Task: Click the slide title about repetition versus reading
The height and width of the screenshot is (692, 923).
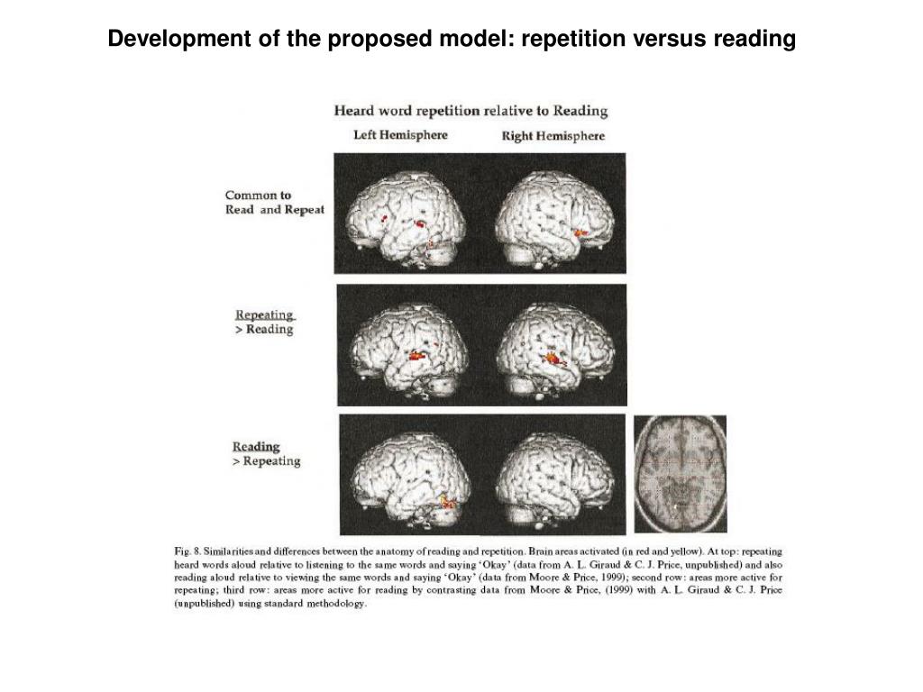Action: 452,40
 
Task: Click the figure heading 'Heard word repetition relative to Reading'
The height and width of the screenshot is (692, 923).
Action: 471,112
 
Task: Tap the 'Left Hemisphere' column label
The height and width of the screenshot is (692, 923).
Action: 399,135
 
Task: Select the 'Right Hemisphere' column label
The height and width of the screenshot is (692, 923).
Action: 553,136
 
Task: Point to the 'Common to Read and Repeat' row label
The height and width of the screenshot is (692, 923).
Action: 274,202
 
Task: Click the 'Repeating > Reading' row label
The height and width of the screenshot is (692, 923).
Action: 265,323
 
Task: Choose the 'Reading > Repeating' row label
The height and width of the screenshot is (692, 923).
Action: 266,454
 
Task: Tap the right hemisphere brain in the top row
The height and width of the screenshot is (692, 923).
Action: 552,216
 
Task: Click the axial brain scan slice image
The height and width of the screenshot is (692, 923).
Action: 680,474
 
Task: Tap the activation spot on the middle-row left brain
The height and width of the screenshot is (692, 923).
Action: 416,356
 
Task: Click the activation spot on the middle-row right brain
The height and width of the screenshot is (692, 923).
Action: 552,359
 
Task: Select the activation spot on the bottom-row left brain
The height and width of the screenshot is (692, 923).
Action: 446,500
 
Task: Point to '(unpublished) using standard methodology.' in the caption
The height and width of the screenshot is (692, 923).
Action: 270,604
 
